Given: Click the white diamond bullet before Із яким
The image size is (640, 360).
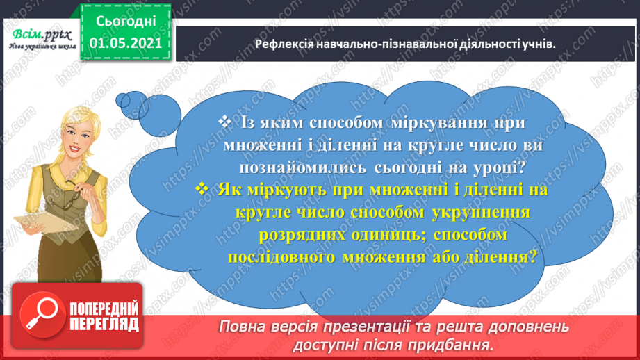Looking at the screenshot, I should tap(224, 122).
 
